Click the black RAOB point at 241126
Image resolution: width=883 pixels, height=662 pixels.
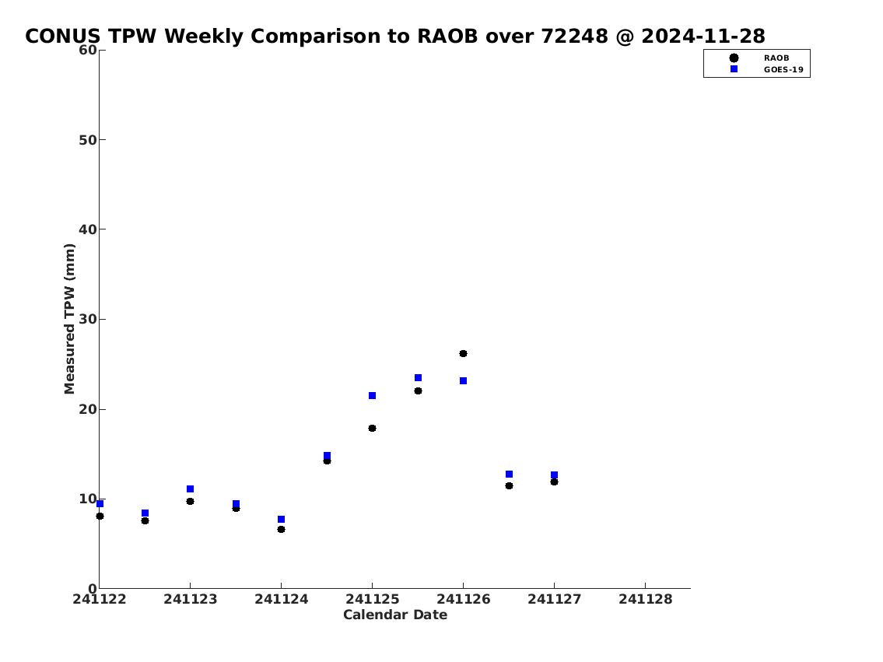pyautogui.click(x=463, y=353)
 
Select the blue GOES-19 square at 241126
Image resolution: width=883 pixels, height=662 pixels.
pyautogui.click(x=463, y=381)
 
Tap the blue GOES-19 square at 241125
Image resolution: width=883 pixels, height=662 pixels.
pyautogui.click(x=372, y=396)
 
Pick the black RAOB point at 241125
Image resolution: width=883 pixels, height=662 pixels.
pyautogui.click(x=372, y=429)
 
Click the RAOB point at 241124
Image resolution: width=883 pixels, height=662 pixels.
pyautogui.click(x=281, y=529)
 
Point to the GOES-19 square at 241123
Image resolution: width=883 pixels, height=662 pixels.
pyautogui.click(x=191, y=489)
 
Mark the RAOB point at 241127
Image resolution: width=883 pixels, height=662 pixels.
pyautogui.click(x=554, y=482)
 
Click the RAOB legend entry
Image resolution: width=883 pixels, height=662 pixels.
pyautogui.click(x=759, y=58)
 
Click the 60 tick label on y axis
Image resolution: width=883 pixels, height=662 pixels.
pyautogui.click(x=88, y=50)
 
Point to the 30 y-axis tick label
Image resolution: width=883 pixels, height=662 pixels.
pyautogui.click(x=88, y=319)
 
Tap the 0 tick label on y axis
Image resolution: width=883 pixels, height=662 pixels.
pyautogui.click(x=93, y=589)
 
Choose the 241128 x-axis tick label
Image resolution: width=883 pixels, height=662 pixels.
pyautogui.click(x=646, y=600)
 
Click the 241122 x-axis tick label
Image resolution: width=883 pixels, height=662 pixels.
pyautogui.click(x=100, y=600)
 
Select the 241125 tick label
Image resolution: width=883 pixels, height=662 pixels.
pyautogui.click(x=372, y=600)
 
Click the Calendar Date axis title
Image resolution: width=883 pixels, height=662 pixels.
pyautogui.click(x=395, y=615)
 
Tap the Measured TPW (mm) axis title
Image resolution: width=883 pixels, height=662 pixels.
pyautogui.click(x=69, y=319)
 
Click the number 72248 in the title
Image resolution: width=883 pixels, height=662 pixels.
pyautogui.click(x=574, y=37)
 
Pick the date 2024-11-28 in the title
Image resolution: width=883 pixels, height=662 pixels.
pyautogui.click(x=703, y=37)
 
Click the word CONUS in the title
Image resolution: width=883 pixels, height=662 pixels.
pyautogui.click(x=63, y=37)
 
